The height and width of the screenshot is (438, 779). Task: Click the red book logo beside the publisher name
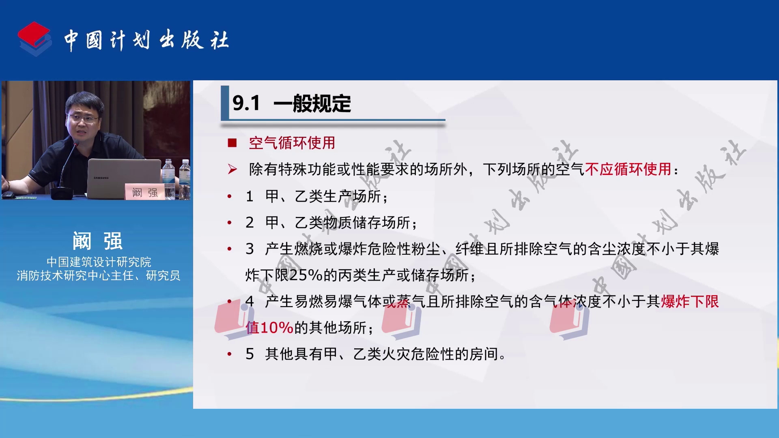point(34,39)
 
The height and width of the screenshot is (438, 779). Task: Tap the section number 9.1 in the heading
point(246,103)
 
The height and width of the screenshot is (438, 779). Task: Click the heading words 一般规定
point(312,103)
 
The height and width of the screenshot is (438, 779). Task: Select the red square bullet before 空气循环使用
point(232,143)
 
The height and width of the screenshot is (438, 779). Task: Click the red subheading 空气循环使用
point(292,143)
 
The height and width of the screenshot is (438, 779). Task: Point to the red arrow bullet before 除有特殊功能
point(232,169)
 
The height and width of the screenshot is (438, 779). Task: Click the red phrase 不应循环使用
point(628,169)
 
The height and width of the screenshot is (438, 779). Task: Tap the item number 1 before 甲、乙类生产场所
point(250,197)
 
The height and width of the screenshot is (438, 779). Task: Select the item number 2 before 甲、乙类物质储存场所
point(250,223)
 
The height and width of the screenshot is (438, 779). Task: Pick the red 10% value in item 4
point(276,328)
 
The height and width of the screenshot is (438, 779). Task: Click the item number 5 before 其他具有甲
point(250,354)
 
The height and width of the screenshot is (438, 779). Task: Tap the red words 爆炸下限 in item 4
point(690,301)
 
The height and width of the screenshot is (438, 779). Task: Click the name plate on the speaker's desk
point(144,192)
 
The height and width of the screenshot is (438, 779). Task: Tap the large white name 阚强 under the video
point(98,241)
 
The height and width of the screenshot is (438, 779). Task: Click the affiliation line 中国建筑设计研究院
point(99,262)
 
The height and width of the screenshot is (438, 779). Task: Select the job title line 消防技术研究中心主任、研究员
point(99,276)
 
